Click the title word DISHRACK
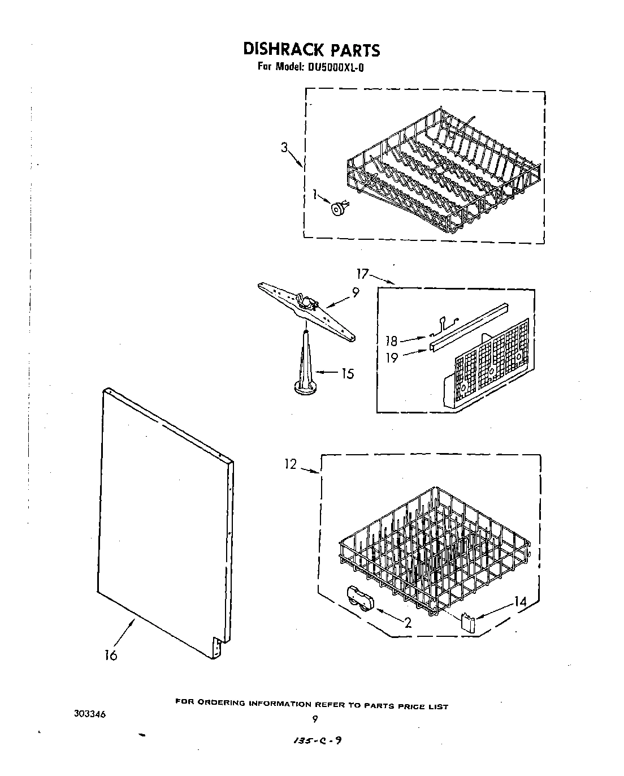(282, 49)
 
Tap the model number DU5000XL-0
(336, 67)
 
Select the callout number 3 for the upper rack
(284, 148)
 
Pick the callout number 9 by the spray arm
(355, 293)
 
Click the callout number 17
(362, 274)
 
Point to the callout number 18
(391, 341)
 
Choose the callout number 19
(392, 357)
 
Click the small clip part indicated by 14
(467, 623)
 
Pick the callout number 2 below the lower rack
(407, 623)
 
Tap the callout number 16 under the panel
(111, 655)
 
